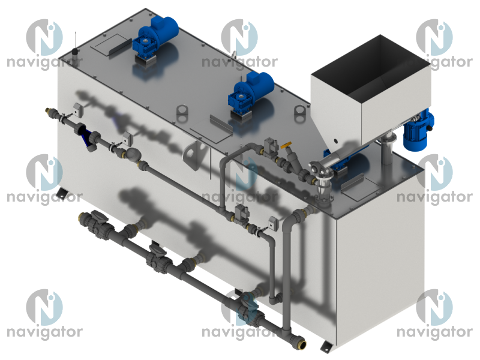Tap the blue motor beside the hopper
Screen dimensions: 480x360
point(418,128)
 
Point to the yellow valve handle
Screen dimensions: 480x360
point(286,145)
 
